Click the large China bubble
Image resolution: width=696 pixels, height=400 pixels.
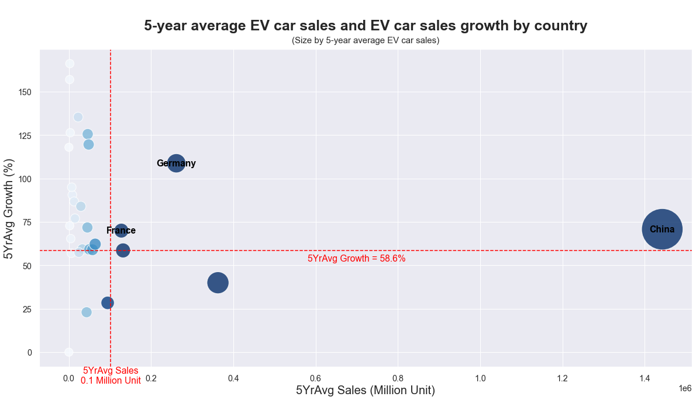pyautogui.click(x=661, y=229)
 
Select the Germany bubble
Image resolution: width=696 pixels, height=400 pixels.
pyautogui.click(x=176, y=164)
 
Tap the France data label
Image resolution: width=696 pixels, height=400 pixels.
pyautogui.click(x=121, y=231)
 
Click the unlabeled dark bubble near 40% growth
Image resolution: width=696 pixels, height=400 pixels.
pyautogui.click(x=218, y=283)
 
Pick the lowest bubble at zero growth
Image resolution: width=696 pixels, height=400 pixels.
pyautogui.click(x=68, y=352)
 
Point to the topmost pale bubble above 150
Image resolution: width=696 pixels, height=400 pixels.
pyautogui.click(x=70, y=64)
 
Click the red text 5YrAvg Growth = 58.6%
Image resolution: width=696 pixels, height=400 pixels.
pyautogui.click(x=356, y=259)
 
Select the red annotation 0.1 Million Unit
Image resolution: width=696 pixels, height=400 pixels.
pyautogui.click(x=111, y=381)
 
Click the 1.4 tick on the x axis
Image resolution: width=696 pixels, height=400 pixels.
pyautogui.click(x=645, y=378)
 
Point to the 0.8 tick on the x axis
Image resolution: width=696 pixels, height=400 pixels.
pyautogui.click(x=398, y=378)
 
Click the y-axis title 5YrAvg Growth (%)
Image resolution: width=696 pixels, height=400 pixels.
pyautogui.click(x=9, y=208)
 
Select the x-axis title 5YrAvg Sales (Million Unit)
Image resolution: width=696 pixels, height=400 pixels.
pyautogui.click(x=366, y=390)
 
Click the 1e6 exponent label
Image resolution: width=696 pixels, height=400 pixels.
pyautogui.click(x=684, y=388)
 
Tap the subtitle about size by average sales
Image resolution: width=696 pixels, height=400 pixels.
pyautogui.click(x=366, y=40)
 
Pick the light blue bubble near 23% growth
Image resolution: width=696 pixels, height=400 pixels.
pyautogui.click(x=87, y=312)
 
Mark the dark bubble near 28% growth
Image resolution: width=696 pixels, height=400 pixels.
pyautogui.click(x=108, y=302)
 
